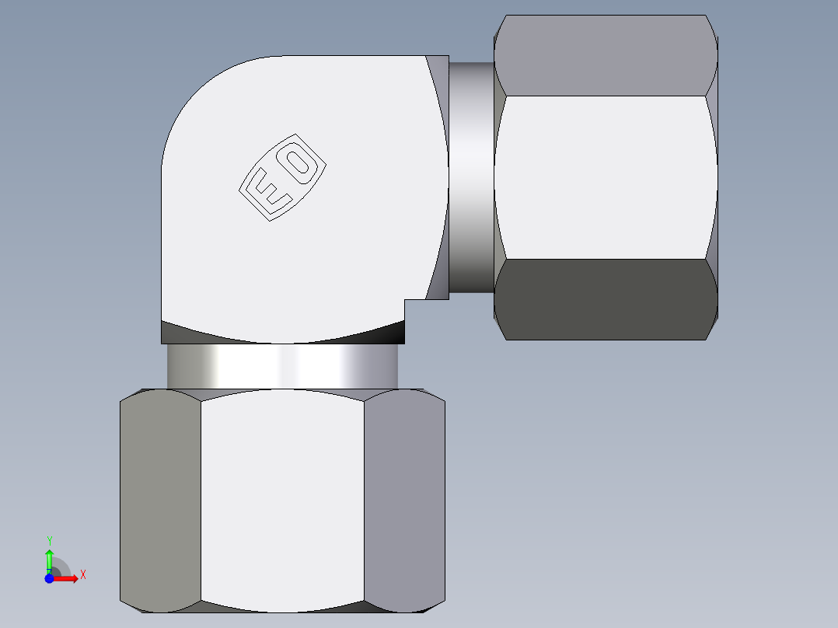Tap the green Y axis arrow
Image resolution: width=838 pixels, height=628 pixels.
tap(49, 560)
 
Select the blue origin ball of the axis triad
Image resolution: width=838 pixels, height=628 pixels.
tap(49, 577)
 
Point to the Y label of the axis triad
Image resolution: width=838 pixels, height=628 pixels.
tap(49, 540)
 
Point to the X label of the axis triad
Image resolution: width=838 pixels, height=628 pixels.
tap(82, 575)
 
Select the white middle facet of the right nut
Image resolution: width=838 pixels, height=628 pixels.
tap(605, 177)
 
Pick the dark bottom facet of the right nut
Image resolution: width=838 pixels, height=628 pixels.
tap(605, 299)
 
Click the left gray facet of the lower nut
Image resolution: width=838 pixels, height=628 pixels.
tap(160, 501)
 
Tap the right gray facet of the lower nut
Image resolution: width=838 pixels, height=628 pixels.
tap(404, 501)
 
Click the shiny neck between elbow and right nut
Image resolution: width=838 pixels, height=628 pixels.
tap(471, 177)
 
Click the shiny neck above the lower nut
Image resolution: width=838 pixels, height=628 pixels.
tap(282, 366)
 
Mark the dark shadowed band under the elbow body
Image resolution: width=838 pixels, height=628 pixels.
tap(282, 334)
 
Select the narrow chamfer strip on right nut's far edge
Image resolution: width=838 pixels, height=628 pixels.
tap(711, 177)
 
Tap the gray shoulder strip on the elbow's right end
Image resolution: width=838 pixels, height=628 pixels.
tap(440, 177)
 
